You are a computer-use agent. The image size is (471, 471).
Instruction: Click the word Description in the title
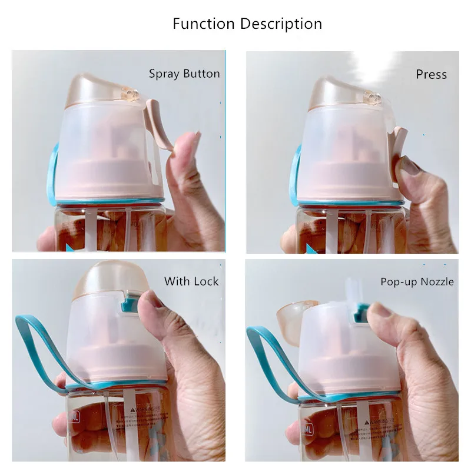pyautogui.click(x=281, y=25)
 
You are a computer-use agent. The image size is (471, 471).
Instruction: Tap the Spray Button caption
pyautogui.click(x=184, y=74)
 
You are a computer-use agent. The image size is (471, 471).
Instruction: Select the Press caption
pyautogui.click(x=431, y=75)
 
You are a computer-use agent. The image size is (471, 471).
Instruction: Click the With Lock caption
pyautogui.click(x=191, y=281)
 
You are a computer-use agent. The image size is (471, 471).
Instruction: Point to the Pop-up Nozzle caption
pyautogui.click(x=417, y=282)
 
